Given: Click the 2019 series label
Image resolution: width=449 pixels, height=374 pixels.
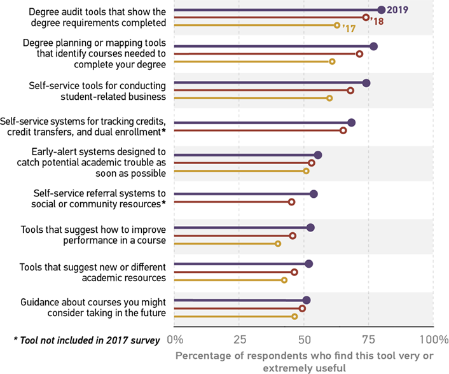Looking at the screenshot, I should coord(397,10).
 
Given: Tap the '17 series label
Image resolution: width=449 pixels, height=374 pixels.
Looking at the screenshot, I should coord(349,29).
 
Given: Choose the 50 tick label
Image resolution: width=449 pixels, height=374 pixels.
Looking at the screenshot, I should coord(303,339).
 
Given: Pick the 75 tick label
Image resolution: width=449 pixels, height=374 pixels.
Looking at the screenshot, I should coord(368,339).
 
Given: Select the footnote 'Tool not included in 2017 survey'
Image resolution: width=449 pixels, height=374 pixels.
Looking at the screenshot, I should coord(86,340).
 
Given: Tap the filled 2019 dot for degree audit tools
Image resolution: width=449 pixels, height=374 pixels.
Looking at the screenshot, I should coord(381,10).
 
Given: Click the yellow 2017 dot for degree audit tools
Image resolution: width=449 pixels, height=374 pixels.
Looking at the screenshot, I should coord(337,25).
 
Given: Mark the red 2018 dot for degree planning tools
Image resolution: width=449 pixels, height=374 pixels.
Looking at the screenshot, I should coord(359,54).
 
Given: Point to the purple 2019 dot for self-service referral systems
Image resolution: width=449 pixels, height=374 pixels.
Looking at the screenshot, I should coord(314,194).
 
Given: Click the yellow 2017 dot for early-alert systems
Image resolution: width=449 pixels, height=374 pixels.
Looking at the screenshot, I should coord(306,171).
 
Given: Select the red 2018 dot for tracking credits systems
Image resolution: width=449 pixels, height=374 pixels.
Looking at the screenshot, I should coord(343,130).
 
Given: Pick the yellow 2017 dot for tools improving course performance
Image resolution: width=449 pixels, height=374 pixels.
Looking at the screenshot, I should coord(278,244).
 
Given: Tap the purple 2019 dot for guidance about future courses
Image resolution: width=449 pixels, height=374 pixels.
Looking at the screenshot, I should coord(307,300).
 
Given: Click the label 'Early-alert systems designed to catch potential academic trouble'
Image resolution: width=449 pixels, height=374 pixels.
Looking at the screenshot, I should coord(92,163).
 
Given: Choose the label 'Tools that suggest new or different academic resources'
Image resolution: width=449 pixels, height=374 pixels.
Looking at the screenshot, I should coord(93,272).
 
